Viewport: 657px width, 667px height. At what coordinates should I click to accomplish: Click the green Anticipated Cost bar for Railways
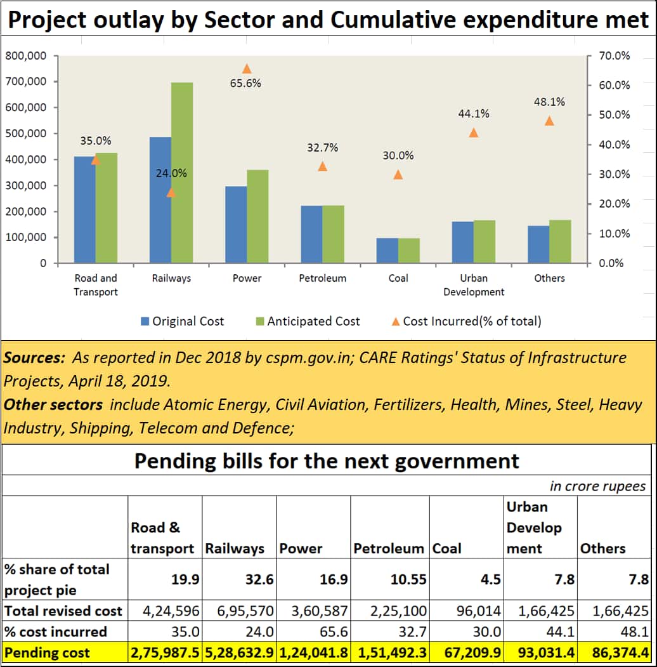coord(182,173)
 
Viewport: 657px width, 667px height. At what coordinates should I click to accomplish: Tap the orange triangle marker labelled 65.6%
coord(247,69)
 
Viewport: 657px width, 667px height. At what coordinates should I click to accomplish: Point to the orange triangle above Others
coord(549,121)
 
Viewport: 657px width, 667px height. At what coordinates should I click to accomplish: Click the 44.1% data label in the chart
coord(474,114)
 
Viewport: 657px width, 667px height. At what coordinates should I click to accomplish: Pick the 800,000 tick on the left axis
coord(26,56)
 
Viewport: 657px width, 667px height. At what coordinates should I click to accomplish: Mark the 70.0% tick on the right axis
coord(615,56)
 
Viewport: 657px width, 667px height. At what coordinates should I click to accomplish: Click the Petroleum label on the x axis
coord(322,278)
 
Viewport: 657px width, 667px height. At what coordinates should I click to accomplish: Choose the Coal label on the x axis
coord(398,278)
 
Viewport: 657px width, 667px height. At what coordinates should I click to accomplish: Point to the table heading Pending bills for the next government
coord(327,460)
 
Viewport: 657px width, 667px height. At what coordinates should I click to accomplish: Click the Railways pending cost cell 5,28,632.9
coord(239,653)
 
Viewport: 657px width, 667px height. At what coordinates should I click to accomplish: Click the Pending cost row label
coord(48,653)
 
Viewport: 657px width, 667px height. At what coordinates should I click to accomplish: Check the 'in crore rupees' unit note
coord(597,486)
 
